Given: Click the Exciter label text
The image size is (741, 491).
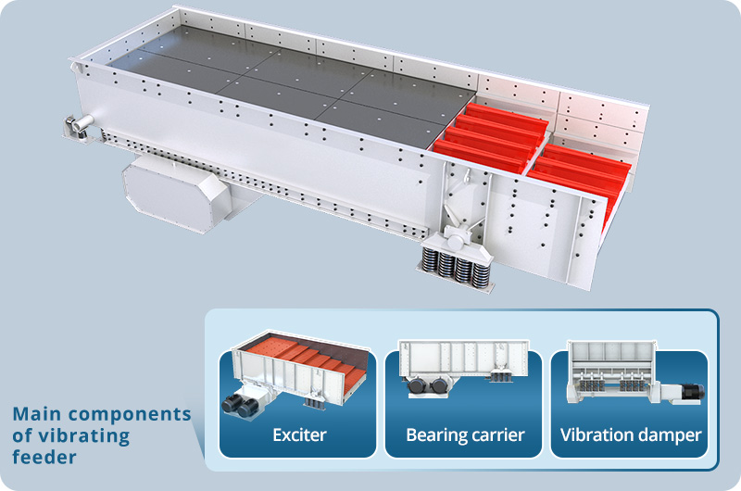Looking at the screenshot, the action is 299,434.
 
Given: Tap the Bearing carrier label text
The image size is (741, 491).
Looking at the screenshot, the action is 466,435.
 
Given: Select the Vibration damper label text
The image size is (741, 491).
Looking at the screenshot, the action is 631,435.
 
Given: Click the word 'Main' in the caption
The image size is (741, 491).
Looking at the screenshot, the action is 38,414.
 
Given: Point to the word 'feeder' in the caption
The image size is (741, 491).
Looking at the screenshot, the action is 44,457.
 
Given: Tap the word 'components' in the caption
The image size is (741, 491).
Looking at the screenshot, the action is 130,415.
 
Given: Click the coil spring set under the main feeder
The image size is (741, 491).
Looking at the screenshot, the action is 456,268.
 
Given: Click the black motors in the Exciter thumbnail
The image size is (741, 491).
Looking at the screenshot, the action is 240,406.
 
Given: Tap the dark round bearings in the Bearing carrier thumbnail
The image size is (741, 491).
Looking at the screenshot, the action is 429,385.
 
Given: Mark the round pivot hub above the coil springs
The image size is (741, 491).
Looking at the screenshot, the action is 455,240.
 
